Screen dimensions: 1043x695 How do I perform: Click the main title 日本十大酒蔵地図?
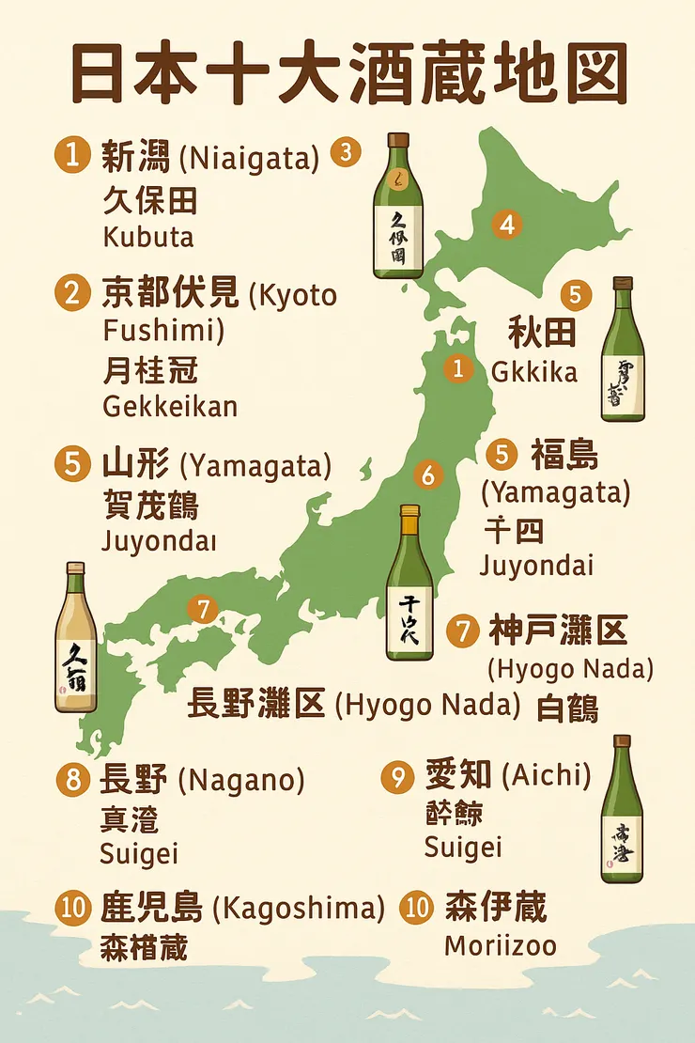[x=347, y=74]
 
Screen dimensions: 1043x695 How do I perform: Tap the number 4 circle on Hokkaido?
[x=507, y=225]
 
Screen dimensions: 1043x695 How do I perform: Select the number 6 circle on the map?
[x=428, y=475]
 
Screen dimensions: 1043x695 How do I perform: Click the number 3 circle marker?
[x=346, y=151]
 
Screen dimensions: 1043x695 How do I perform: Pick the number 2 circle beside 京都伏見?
[x=72, y=294]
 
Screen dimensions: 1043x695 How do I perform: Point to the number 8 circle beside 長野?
[x=72, y=779]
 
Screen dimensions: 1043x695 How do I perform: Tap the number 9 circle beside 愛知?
[x=398, y=776]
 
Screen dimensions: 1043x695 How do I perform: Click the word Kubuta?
[x=148, y=237]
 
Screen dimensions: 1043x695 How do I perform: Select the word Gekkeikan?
[x=169, y=406]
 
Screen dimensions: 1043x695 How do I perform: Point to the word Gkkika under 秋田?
[x=534, y=372]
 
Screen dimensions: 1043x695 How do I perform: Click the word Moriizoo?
[x=500, y=944]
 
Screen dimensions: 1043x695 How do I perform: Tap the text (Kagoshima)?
[x=299, y=909]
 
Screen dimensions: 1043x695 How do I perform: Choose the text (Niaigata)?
[x=249, y=157]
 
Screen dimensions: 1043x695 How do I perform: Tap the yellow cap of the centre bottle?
[x=409, y=514]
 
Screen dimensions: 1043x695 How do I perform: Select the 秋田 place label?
[x=542, y=333]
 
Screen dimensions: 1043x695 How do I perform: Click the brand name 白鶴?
[x=567, y=707]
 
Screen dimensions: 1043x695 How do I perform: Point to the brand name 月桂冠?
[x=149, y=370]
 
